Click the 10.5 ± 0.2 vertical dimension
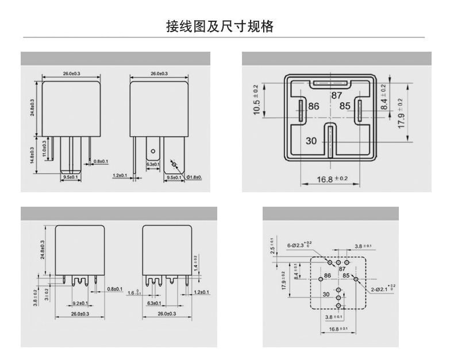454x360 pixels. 257,100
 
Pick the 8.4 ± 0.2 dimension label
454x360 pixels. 384,97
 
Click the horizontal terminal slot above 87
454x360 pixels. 332,84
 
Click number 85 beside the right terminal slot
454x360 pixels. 344,106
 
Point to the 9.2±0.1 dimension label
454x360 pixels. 80,303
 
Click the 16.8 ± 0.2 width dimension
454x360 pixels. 333,179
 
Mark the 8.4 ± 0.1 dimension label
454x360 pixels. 296,270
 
